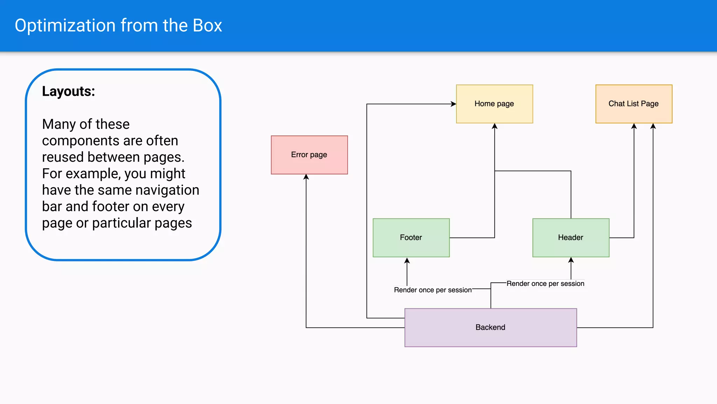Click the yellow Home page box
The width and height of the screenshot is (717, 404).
[494, 104]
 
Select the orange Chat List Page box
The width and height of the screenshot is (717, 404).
[633, 104]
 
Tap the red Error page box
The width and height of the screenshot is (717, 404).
[309, 155]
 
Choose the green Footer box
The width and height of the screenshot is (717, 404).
[411, 237]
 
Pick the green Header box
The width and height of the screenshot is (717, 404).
[570, 237]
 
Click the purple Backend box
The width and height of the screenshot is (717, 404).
[490, 327]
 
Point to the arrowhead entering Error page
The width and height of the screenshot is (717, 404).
[306, 177]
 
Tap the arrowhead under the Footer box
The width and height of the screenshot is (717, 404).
[407, 261]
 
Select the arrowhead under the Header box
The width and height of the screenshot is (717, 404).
[571, 260]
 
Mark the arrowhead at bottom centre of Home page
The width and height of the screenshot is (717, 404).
[494, 126]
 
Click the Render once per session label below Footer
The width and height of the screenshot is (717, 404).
[432, 290]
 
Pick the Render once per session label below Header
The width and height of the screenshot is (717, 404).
[545, 284]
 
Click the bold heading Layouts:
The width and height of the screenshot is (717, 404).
[69, 91]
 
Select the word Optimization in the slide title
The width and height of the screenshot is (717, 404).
[65, 26]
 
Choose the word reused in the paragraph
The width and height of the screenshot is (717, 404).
[63, 157]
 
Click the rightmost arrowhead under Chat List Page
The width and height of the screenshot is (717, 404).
[653, 126]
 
